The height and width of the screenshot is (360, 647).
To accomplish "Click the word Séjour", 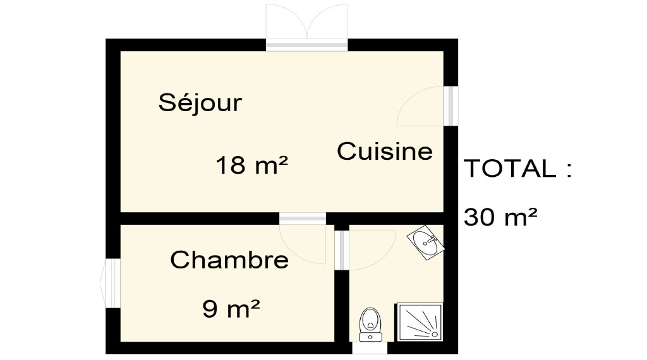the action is point(200,103).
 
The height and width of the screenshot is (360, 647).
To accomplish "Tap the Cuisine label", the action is point(385,151).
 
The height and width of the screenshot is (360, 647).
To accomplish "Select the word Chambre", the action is point(229,260).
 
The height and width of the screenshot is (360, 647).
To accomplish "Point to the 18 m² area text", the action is point(251,165).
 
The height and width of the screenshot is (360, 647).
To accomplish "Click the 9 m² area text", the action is point(231,308).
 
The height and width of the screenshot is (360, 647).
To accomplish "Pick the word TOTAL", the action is point(510,168).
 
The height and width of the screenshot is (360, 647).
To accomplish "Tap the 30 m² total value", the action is point(500,217).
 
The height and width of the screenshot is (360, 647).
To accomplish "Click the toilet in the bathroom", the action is point(370,325).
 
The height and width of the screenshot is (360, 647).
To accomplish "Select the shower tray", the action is point(420,322).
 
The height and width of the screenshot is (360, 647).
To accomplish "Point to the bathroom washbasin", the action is point(426,243).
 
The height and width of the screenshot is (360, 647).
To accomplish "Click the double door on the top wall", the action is point(306,27).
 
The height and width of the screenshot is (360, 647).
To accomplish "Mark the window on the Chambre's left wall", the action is point(109,284).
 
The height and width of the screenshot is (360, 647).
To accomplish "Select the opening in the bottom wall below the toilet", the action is point(370,347).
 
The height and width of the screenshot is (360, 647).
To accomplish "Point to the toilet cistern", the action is point(370,337).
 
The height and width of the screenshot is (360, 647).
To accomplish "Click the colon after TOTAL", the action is point(569,170).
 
